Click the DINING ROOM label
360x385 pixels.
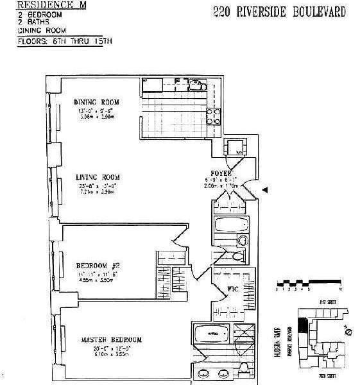(x=96, y=101)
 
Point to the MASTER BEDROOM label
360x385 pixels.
(x=111, y=339)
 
